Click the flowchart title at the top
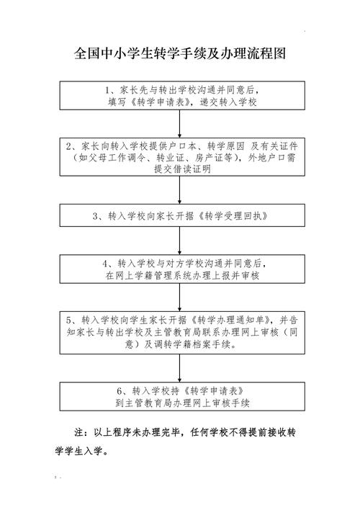[180, 54]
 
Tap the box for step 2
[180, 157]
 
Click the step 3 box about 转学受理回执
[180, 215]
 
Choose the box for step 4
[180, 269]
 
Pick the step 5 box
[180, 332]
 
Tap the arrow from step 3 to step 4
[180, 240]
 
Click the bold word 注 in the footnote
[80, 434]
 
